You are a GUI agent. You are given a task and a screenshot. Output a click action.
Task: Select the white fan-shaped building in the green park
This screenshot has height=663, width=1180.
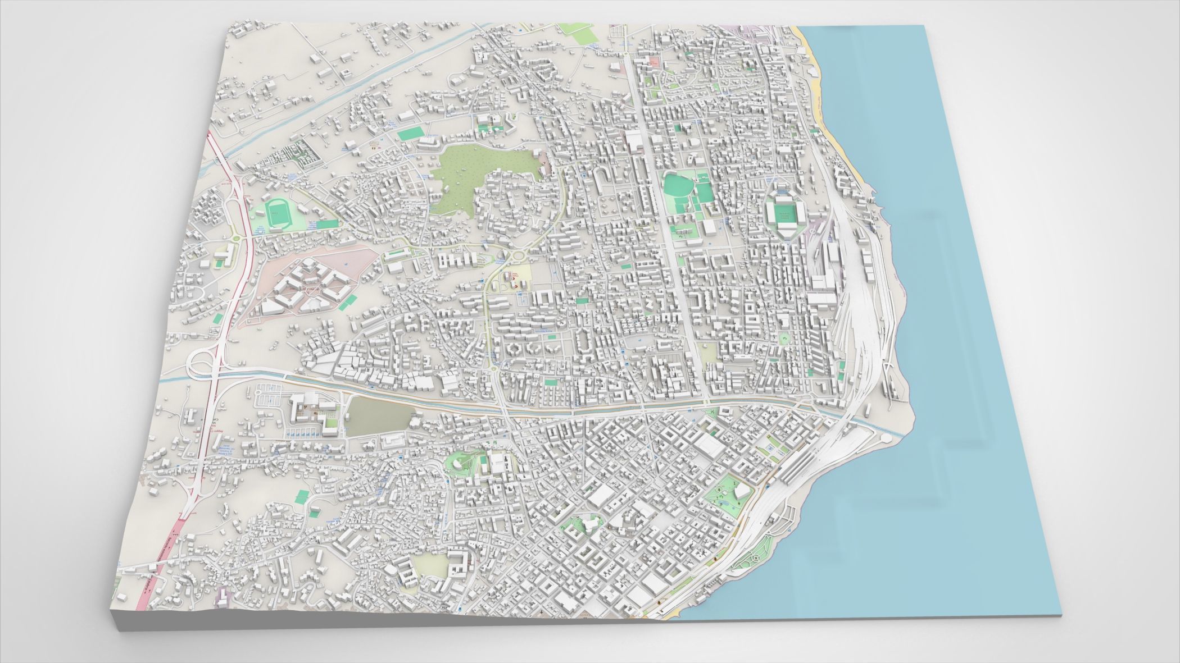741,492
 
